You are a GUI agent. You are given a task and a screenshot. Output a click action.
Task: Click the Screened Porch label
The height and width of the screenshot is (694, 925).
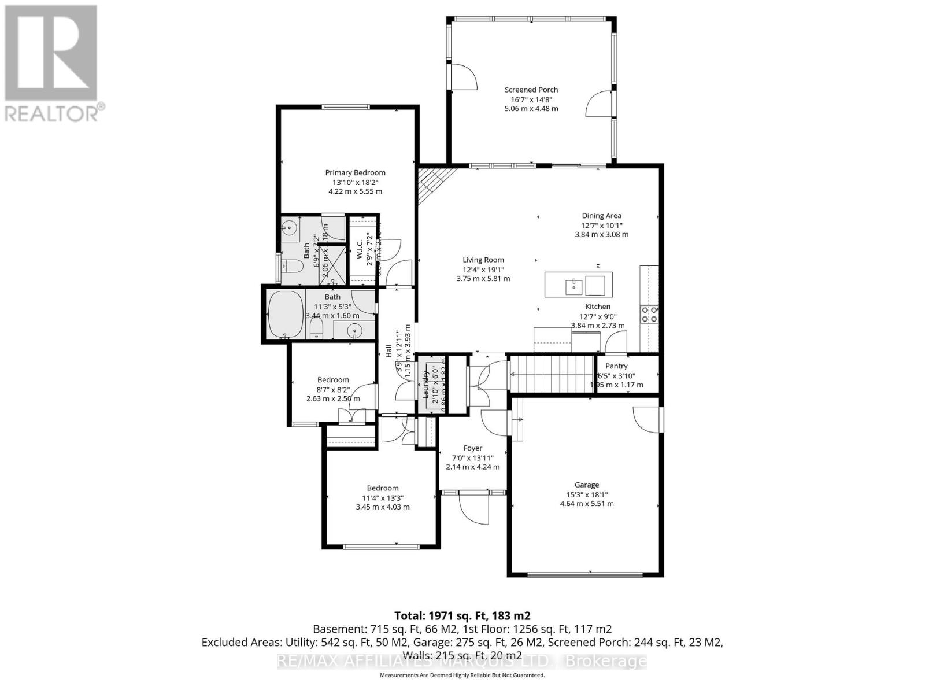tap(531, 90)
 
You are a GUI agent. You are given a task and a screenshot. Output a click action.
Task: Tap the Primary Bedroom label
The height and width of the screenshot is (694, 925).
tap(355, 172)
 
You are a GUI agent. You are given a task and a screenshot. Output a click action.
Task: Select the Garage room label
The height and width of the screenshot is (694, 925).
tap(586, 485)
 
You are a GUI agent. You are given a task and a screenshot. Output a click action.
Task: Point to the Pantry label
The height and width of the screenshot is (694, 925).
tap(616, 366)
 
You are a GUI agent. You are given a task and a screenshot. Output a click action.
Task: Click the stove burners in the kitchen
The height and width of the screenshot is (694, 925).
tap(649, 314)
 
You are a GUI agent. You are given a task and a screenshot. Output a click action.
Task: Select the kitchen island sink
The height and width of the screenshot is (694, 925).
tap(573, 285)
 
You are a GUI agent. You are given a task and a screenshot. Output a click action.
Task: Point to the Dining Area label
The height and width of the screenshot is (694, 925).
tap(601, 216)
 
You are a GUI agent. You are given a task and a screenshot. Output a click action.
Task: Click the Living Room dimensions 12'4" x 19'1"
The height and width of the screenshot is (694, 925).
tap(483, 269)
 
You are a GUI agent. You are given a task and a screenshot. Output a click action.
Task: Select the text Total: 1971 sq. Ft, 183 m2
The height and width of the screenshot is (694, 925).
tap(462, 615)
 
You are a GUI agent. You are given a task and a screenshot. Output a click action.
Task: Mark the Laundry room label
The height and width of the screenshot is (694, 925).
tap(425, 385)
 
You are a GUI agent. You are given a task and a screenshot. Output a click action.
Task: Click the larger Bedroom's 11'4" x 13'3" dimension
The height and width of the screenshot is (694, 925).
tap(382, 497)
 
